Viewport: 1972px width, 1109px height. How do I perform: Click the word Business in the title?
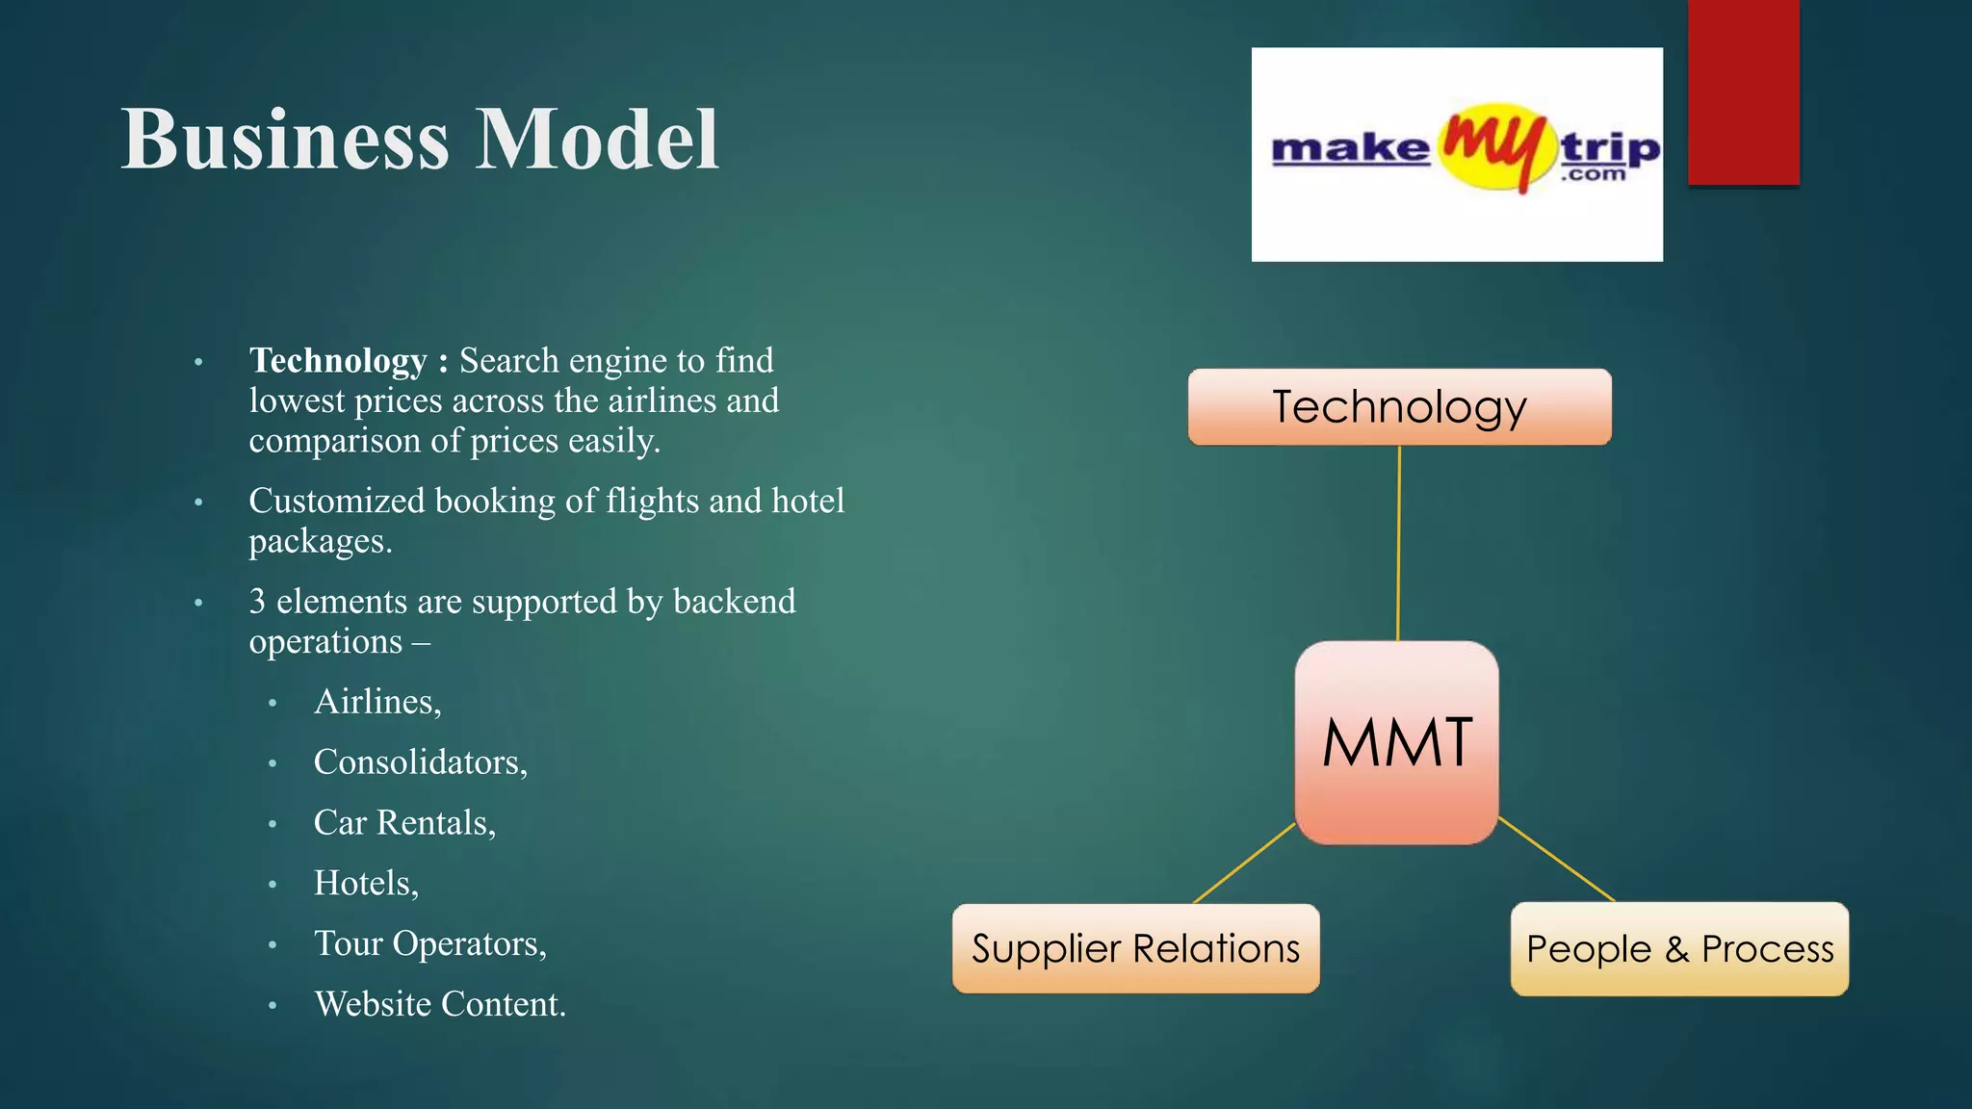(x=285, y=141)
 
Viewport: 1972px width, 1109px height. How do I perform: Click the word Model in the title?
(x=597, y=141)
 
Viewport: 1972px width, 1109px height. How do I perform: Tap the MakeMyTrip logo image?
(x=1456, y=154)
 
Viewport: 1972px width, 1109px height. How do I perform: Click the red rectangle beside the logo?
(x=1743, y=91)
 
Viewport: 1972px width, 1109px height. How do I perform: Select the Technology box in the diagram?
(x=1399, y=406)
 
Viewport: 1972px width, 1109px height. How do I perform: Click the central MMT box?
(x=1396, y=742)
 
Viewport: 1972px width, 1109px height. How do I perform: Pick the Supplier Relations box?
(x=1135, y=948)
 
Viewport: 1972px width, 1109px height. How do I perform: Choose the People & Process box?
(x=1679, y=949)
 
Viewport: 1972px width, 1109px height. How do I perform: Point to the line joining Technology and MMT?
(x=1398, y=544)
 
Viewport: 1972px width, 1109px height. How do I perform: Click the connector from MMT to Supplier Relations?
(x=1244, y=864)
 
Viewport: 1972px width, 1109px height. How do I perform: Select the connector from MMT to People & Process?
(x=1556, y=859)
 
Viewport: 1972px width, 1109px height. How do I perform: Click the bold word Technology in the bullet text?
(x=338, y=361)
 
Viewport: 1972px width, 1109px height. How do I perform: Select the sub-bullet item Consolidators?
(x=420, y=762)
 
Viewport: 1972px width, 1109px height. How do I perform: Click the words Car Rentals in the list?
(x=404, y=823)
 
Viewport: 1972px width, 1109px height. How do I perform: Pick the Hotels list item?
(x=366, y=884)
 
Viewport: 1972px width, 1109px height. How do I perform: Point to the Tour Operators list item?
(x=429, y=944)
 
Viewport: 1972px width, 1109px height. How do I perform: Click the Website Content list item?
(x=439, y=1005)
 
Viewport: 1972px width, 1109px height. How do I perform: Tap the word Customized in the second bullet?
(x=337, y=502)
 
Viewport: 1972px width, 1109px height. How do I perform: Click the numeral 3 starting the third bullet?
(x=257, y=602)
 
